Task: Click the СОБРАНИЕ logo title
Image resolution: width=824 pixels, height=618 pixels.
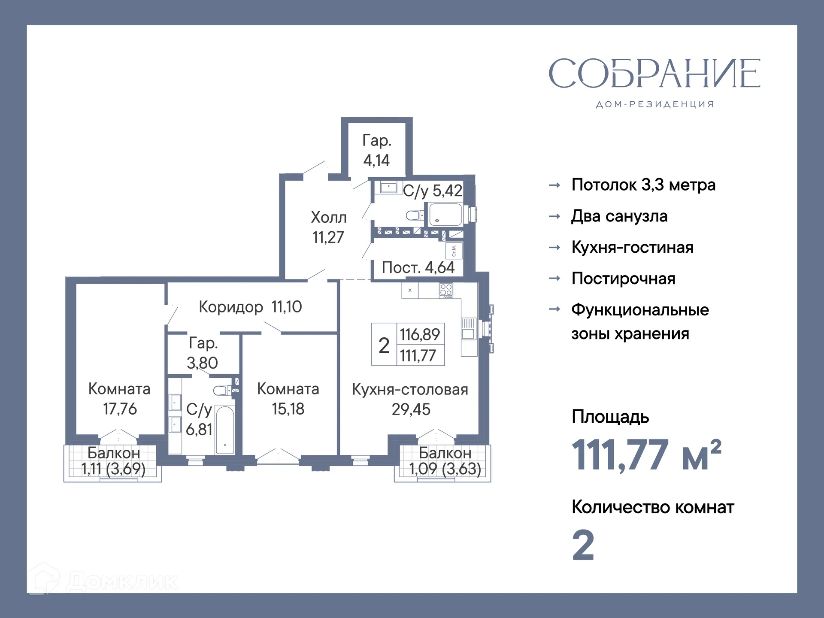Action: (x=654, y=74)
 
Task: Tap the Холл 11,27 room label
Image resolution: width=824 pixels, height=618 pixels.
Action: (x=328, y=227)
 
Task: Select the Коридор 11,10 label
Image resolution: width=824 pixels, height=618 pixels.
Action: (x=250, y=307)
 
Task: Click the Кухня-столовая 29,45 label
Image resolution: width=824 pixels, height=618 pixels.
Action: (x=410, y=399)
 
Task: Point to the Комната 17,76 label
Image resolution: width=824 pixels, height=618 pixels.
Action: (x=119, y=399)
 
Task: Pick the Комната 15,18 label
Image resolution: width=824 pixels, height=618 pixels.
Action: (x=288, y=399)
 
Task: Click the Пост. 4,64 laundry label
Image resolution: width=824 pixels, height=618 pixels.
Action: (x=418, y=267)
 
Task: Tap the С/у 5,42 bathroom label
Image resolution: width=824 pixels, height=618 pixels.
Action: (x=433, y=191)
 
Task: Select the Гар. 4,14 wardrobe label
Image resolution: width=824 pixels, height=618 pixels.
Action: (x=376, y=150)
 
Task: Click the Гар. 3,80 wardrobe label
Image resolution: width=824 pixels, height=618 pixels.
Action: (x=203, y=353)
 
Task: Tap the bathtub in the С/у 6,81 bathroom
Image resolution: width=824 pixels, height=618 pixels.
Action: (x=224, y=429)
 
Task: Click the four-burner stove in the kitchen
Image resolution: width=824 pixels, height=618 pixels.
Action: (x=446, y=290)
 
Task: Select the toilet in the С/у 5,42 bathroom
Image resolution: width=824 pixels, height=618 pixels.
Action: (x=415, y=215)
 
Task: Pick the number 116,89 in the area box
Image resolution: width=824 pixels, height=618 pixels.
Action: (x=420, y=334)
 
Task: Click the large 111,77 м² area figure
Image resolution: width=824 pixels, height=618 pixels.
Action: (x=646, y=455)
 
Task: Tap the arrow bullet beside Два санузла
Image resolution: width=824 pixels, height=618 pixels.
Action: (x=554, y=216)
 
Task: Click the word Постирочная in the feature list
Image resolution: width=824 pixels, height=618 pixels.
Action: (x=623, y=279)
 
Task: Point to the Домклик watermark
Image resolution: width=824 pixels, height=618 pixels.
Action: (x=103, y=582)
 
